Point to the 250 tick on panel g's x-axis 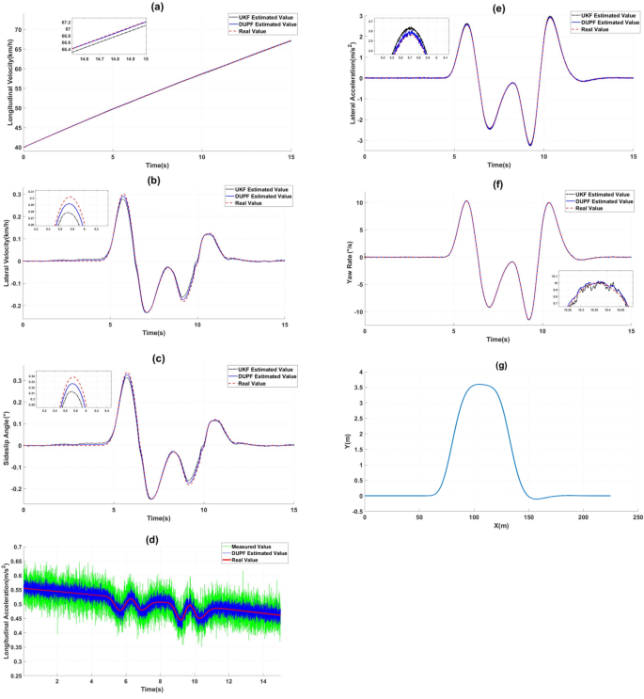click(637, 516)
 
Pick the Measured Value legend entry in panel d click(269, 546)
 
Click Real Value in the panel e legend click(594, 30)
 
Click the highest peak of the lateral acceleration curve click(550, 17)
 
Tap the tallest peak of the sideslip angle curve click(126, 373)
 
